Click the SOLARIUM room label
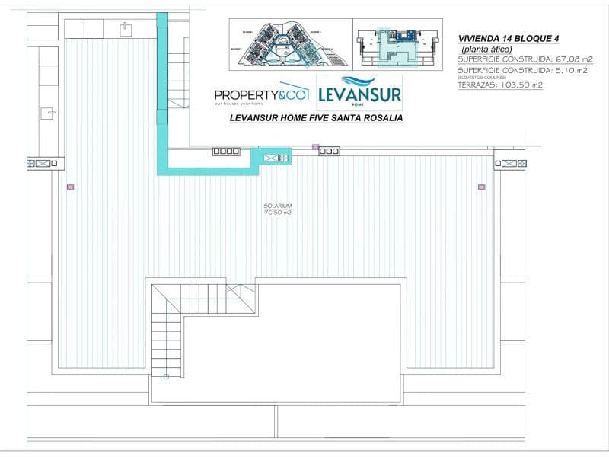pos(278,206)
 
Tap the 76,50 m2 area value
pos(278,213)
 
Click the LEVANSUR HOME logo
pos(359,93)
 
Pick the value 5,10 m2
pos(569,70)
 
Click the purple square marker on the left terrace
pos(71,186)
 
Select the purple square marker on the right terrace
pos(481,186)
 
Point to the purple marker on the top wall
pos(315,146)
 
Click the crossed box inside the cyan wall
pos(272,158)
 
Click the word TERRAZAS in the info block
pos(477,85)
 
